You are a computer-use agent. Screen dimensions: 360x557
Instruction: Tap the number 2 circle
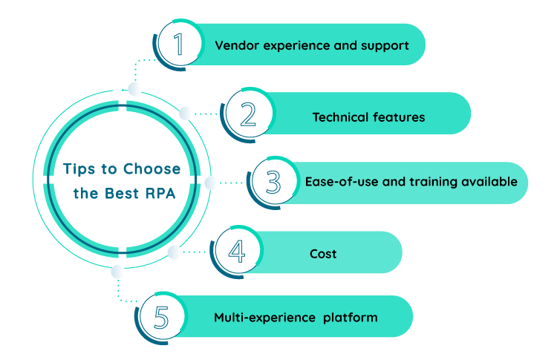click(248, 114)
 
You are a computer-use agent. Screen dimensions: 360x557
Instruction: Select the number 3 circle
click(272, 182)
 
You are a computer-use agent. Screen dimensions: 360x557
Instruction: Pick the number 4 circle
click(236, 253)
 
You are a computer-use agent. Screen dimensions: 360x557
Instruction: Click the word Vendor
click(233, 45)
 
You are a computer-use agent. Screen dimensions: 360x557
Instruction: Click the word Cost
click(323, 254)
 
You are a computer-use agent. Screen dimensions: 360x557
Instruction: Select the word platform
click(351, 318)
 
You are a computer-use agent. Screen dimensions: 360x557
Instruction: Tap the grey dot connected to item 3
click(211, 182)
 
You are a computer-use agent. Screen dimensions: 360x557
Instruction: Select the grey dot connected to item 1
click(134, 89)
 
